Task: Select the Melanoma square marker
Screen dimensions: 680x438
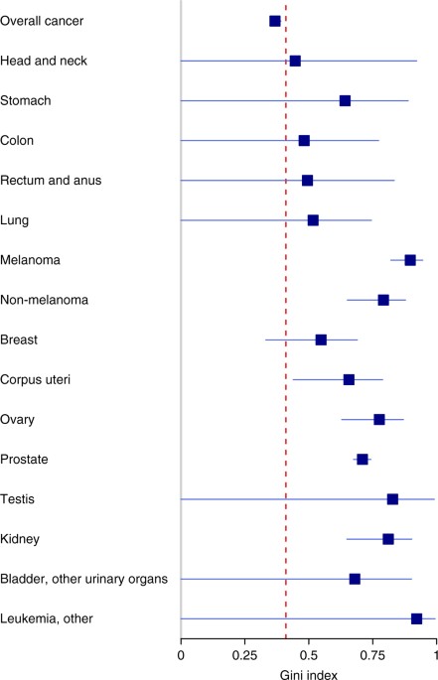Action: click(x=410, y=260)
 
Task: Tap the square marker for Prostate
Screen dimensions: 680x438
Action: click(x=363, y=460)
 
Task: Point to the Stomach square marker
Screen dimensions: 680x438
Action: click(x=345, y=100)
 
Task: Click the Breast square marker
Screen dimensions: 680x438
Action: click(x=321, y=340)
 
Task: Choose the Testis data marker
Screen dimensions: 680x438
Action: click(x=392, y=499)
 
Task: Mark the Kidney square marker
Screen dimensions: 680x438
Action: click(x=388, y=539)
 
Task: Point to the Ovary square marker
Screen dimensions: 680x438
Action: click(x=379, y=420)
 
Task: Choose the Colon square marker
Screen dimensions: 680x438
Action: click(x=304, y=140)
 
